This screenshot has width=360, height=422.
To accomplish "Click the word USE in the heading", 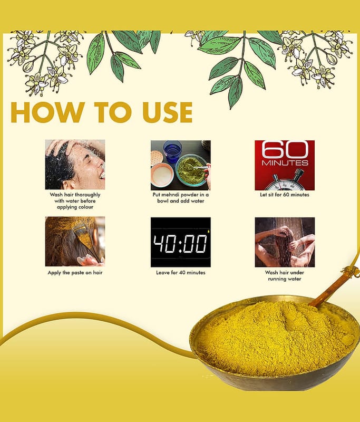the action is point(168,112).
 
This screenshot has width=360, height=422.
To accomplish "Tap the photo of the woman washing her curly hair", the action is point(75,165).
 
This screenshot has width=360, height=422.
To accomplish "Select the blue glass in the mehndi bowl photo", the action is point(172,151).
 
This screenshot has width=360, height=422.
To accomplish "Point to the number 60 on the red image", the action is point(285,150).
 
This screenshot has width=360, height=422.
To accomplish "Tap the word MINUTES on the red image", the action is point(285,163).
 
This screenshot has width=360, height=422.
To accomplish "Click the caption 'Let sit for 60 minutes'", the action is point(285,195).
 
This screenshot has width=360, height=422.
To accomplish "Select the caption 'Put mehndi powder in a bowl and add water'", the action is point(181,198).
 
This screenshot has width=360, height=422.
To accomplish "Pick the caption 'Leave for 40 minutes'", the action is point(181,273).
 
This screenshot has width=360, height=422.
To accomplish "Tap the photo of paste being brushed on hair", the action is point(75,242).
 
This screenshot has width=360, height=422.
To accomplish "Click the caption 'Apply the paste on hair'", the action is point(75,273).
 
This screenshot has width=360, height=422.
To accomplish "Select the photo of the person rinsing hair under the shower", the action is point(285,242).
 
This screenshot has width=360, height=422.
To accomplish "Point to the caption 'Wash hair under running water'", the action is point(285,275).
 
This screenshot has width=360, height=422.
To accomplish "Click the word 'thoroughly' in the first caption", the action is point(88,195).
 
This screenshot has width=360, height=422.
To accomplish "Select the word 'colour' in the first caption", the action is point(84,207).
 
